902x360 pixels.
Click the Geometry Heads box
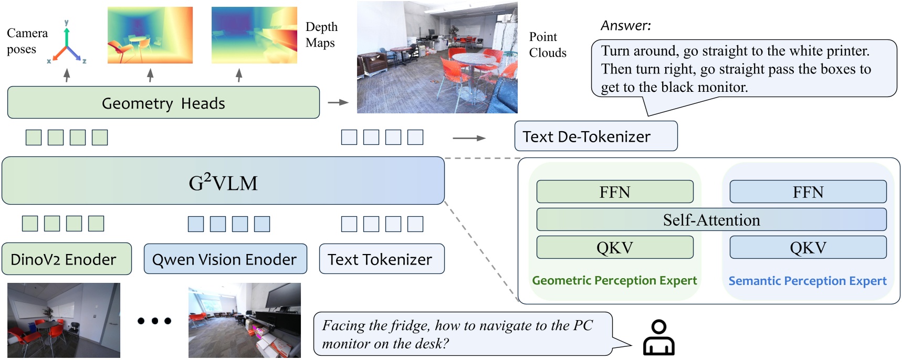[x=163, y=103]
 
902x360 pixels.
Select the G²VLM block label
[x=223, y=183]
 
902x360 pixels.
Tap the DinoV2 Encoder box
[x=66, y=259]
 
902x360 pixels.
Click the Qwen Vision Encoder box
[x=225, y=259]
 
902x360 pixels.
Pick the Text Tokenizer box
[x=382, y=259]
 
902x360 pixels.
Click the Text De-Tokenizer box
[x=595, y=136]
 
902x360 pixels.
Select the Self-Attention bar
[x=711, y=220]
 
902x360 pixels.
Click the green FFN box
[x=615, y=192]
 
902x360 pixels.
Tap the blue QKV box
[x=807, y=248]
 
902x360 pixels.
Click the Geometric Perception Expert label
[x=614, y=281]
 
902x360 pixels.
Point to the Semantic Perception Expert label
[x=807, y=281]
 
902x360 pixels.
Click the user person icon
[x=659, y=338]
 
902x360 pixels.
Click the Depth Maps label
[x=321, y=35]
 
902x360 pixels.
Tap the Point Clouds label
[x=547, y=45]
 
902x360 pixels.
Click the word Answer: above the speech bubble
[x=626, y=26]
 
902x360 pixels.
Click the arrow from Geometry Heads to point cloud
[x=338, y=102]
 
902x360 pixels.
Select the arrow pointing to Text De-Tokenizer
[x=469, y=138]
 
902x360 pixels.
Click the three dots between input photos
[x=154, y=321]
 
